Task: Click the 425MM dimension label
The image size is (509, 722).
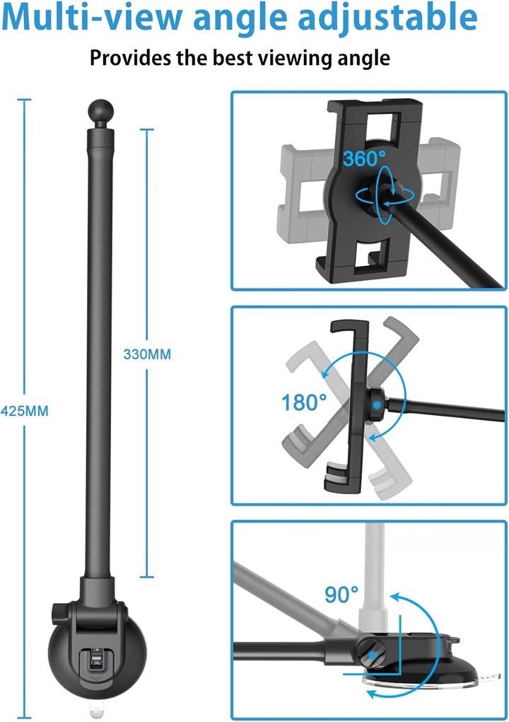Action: click(25, 411)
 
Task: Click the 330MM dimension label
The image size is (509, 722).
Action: click(147, 354)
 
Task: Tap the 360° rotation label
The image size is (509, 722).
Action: click(364, 159)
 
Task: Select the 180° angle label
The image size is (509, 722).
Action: click(304, 402)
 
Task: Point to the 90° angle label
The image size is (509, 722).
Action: click(341, 594)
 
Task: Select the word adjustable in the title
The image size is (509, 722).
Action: click(388, 17)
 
